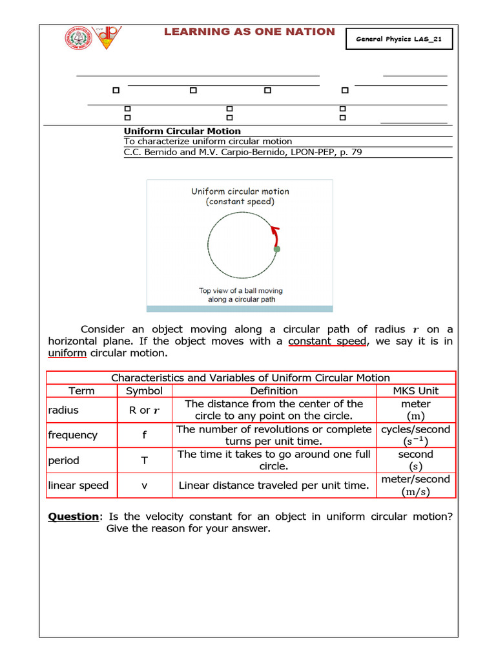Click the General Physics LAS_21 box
399,39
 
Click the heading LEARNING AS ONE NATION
249,32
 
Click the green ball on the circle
277,248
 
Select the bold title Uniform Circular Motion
182,131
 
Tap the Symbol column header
144,390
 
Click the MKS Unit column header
415,390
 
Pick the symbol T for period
144,460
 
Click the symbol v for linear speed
144,486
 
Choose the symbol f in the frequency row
144,435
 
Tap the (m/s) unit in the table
415,491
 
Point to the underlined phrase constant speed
327,341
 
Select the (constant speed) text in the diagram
240,202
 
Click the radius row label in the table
63,410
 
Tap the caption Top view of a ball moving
240,290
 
